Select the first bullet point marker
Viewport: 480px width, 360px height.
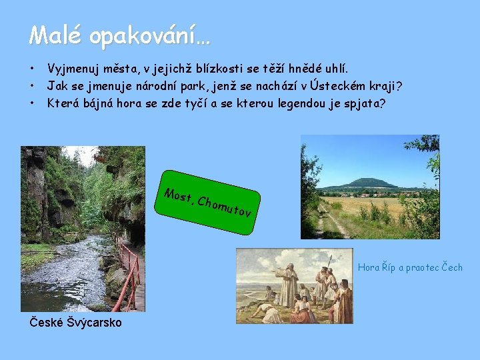click(31, 69)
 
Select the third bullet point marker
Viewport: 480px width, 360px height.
click(31, 104)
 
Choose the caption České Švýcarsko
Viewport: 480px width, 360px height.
click(76, 323)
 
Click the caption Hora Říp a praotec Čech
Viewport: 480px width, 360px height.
click(409, 267)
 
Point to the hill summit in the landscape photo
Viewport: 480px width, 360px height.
click(366, 180)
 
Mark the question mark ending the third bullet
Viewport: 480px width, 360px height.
click(381, 104)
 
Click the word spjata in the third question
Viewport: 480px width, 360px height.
click(360, 104)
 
